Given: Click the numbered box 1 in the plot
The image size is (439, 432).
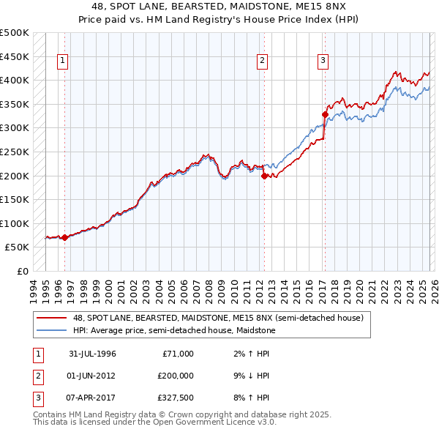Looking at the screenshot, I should click(64, 61).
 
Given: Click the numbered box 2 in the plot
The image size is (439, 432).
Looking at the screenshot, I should click(262, 61).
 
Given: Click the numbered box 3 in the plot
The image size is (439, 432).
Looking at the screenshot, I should click(323, 61).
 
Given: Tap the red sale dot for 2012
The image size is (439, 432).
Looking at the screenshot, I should click(264, 176).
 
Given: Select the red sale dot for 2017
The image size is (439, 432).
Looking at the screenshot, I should click(325, 114).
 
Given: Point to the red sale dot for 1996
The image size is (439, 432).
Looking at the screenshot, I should click(64, 237).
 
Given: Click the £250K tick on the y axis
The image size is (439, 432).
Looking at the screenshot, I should click(15, 152).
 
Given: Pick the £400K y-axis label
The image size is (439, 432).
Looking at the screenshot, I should click(15, 80).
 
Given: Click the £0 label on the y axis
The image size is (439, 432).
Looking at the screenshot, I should click(22, 271).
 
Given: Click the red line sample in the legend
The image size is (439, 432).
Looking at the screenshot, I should click(53, 317).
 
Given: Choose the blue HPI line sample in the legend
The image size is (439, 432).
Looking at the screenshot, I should click(53, 330).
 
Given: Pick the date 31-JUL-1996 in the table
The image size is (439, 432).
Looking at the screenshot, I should click(92, 354).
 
